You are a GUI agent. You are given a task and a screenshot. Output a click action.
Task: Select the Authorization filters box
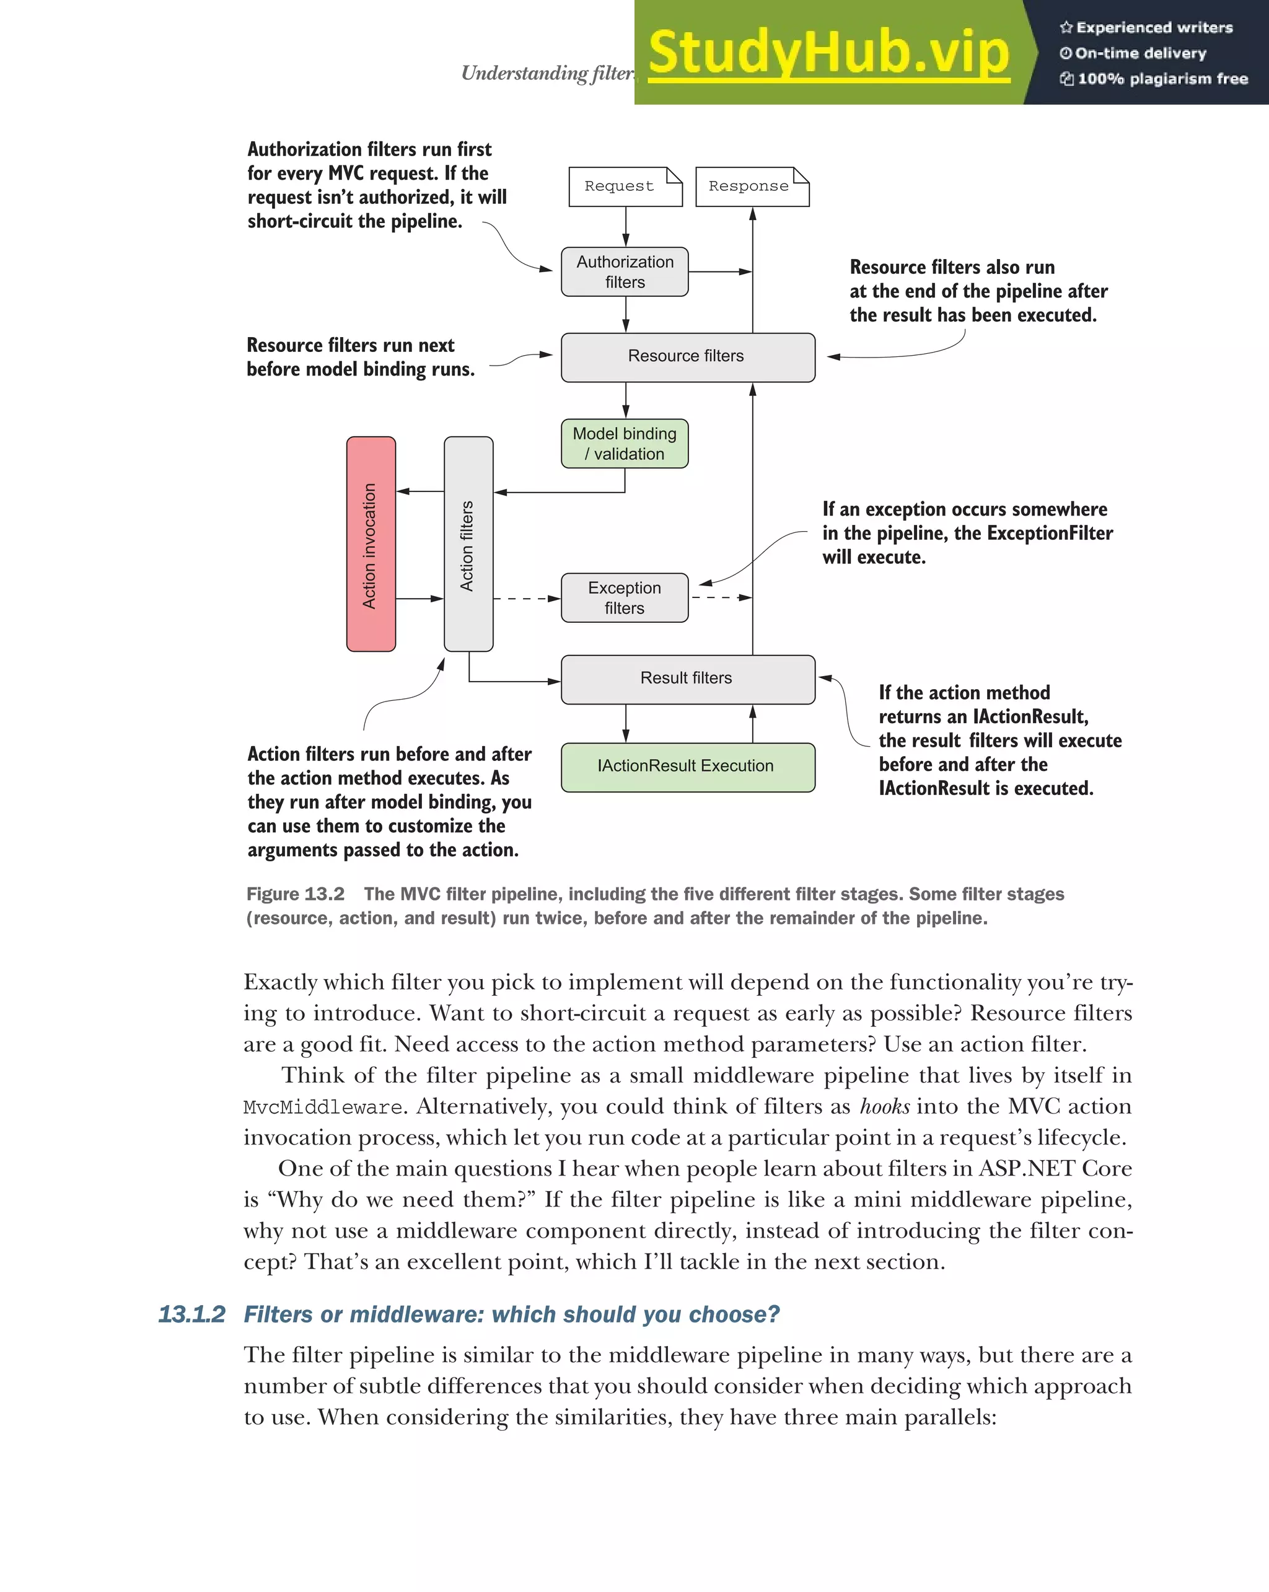click(x=625, y=271)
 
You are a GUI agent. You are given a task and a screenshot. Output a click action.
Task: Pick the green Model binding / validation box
click(x=625, y=444)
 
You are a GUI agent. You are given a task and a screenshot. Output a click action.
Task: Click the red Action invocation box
click(x=371, y=544)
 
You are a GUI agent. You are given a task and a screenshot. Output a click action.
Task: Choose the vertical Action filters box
click(x=468, y=544)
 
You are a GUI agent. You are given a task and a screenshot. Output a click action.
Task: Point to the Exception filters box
click(x=625, y=598)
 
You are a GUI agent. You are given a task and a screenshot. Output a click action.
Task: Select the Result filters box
click(x=687, y=679)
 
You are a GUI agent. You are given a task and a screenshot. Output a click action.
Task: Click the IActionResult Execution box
click(x=687, y=767)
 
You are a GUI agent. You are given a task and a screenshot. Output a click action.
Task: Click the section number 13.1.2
click(x=192, y=1315)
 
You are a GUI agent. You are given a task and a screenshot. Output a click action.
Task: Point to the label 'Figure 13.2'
click(x=296, y=894)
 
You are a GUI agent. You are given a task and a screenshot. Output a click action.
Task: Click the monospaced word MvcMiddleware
click(x=323, y=1107)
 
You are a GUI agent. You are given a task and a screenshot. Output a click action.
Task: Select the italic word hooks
click(x=884, y=1107)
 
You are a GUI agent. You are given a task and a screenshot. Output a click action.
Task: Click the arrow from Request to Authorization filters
click(x=625, y=226)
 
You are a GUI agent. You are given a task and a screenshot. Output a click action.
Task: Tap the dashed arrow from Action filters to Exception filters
click(x=526, y=599)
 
